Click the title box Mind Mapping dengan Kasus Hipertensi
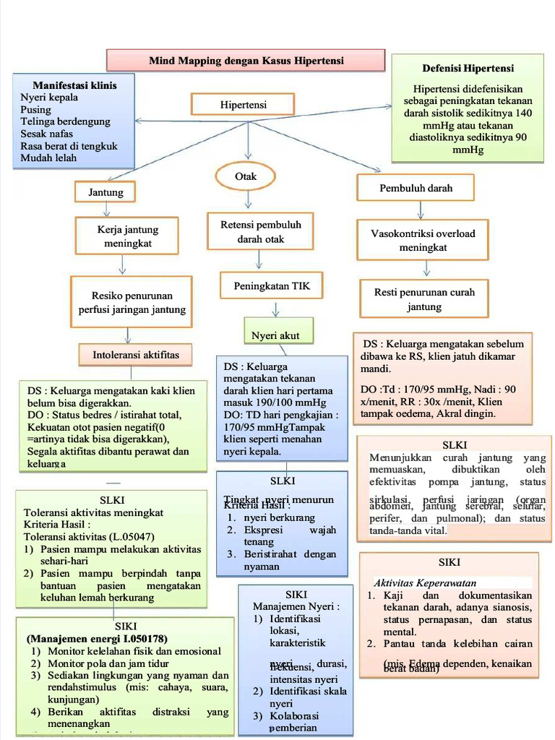[x=246, y=61]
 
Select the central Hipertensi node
[x=243, y=105]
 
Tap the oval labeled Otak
[x=246, y=176]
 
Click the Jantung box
[x=106, y=192]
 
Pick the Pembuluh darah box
[x=416, y=188]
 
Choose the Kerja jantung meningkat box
[x=127, y=237]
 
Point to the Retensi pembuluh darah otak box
[x=260, y=231]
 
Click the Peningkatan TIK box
[x=271, y=286]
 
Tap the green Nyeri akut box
[x=275, y=335]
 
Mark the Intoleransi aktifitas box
[x=136, y=354]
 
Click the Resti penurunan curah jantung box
[x=423, y=300]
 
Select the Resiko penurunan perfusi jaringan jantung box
[x=132, y=302]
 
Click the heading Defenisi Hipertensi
[x=468, y=69]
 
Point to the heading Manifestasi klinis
[x=74, y=85]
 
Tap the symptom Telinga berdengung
[x=65, y=121]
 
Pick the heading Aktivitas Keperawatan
[x=425, y=582]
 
